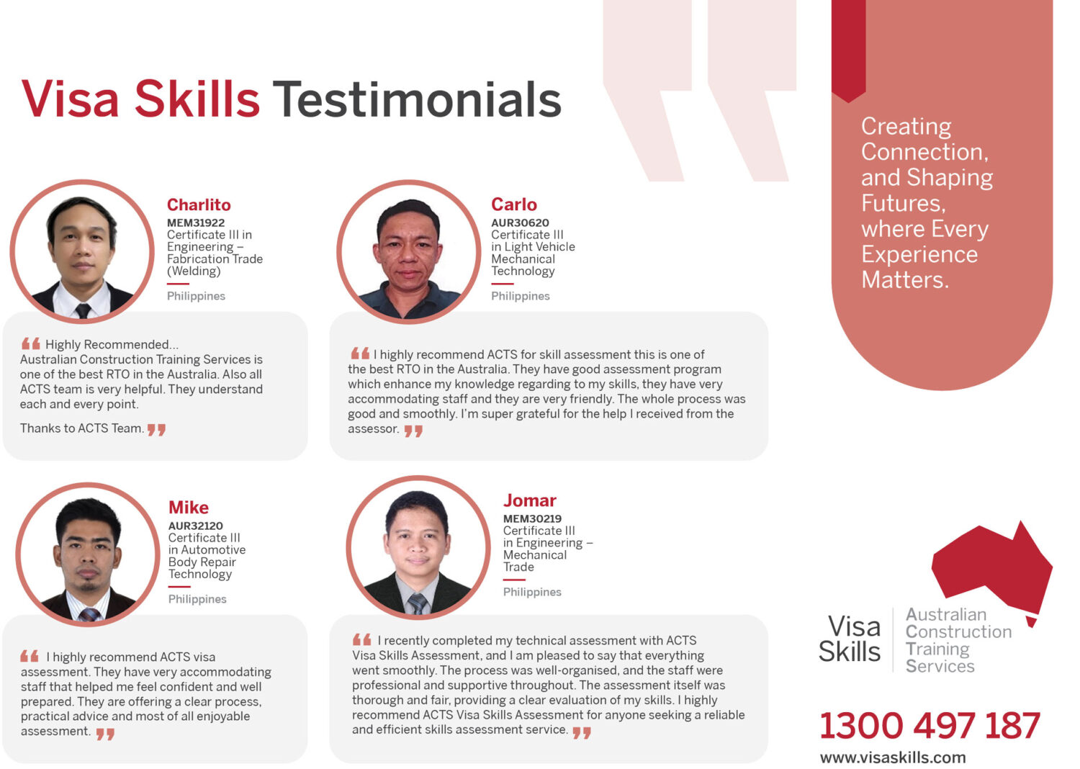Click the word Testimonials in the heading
(x=417, y=99)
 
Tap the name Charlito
(x=199, y=205)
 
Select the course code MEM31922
(x=196, y=222)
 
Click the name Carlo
(x=514, y=204)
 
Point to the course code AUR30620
(x=521, y=222)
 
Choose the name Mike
(x=189, y=508)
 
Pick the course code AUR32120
(x=196, y=526)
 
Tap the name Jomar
(x=530, y=500)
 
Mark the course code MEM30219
(x=533, y=518)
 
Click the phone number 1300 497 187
(x=930, y=725)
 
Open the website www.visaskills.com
(x=893, y=757)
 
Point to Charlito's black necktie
(x=83, y=310)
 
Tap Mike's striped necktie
(x=90, y=614)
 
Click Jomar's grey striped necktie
(x=417, y=603)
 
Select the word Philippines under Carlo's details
(x=521, y=296)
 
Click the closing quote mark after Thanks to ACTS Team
(x=157, y=430)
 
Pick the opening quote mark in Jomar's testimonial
(x=362, y=640)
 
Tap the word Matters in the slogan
(x=904, y=280)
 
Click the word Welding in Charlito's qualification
(x=194, y=271)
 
